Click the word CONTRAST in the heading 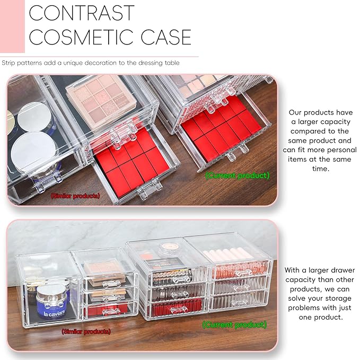(82, 13)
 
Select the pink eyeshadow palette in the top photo (98, 95)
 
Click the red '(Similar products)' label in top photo (75, 196)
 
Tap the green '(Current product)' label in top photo (238, 175)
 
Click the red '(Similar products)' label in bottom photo (86, 331)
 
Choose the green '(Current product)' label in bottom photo (234, 324)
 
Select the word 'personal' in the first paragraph (323, 159)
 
